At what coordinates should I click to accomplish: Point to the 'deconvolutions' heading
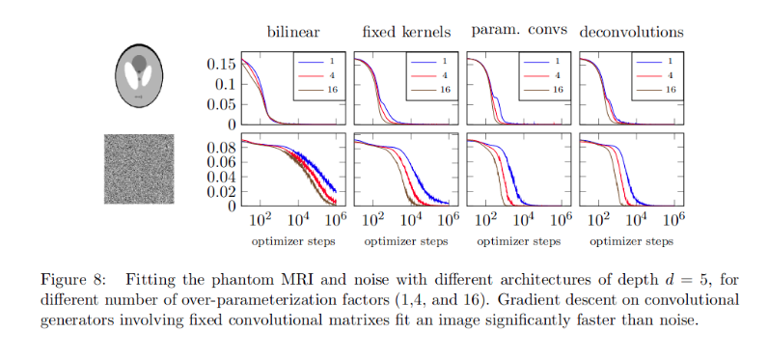(x=632, y=32)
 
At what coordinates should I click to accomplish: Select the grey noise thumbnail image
(x=139, y=168)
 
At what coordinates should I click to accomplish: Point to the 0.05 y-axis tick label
(x=220, y=104)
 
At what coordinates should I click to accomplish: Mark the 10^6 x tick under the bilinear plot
(x=336, y=221)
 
